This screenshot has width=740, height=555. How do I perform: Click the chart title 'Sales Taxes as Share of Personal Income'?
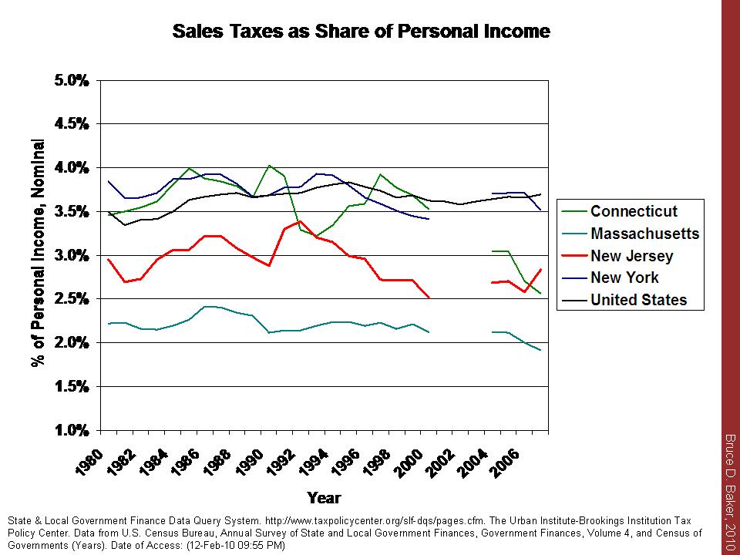pos(361,32)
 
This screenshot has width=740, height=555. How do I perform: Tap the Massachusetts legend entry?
pos(644,234)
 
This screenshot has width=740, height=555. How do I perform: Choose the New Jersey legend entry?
pos(631,256)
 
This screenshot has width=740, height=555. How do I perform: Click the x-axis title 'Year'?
pos(324,497)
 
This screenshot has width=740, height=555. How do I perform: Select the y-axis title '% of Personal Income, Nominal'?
pos(37,254)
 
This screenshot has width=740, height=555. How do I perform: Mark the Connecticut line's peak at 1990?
pos(269,165)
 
